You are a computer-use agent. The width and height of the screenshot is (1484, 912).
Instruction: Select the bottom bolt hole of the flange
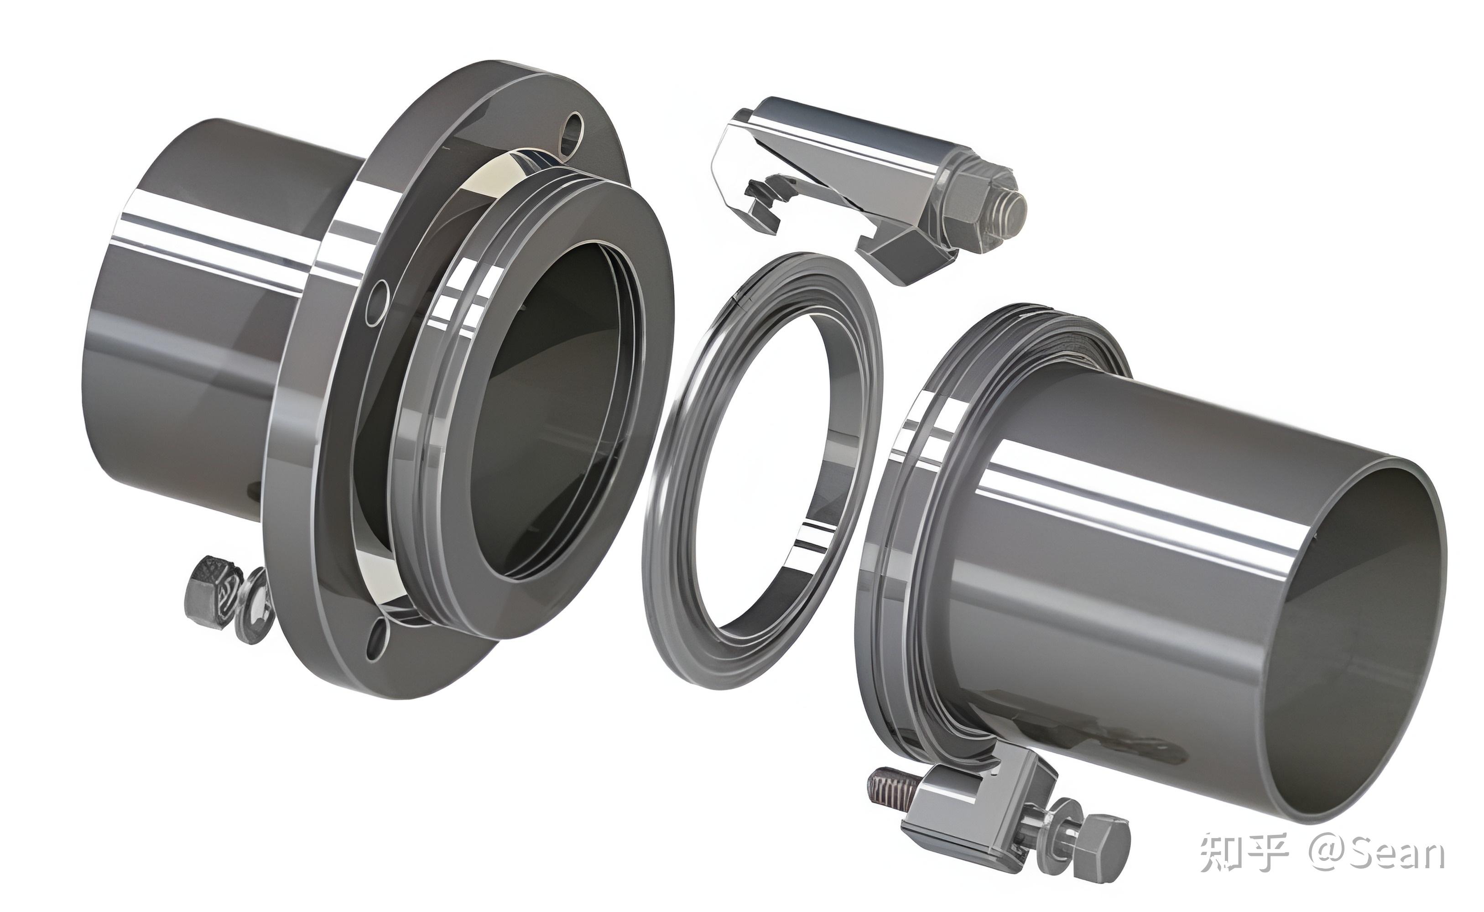click(x=377, y=638)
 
